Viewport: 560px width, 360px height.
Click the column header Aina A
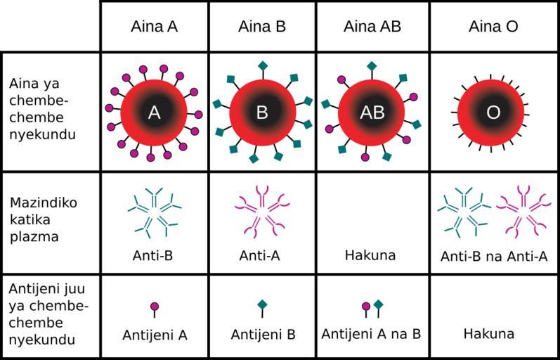pos(155,27)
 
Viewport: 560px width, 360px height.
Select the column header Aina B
pos(262,27)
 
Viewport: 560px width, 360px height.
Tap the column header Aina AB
pos(372,27)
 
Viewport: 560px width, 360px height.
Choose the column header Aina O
pos(493,27)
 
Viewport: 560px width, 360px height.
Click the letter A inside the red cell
pos(154,112)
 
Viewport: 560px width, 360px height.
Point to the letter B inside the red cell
pos(262,112)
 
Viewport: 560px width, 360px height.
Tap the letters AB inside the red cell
pos(372,112)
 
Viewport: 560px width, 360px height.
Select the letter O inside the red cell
pos(493,112)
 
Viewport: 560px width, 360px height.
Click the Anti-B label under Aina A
pos(153,256)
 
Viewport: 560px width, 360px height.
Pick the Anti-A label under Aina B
pos(260,256)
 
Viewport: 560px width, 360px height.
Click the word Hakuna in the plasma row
pos(370,255)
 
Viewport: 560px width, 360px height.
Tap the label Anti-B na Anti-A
pos(494,257)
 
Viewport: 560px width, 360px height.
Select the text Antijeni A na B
pos(371,334)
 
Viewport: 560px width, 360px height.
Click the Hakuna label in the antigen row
pos(489,334)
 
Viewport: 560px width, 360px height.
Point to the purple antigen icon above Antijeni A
pos(155,309)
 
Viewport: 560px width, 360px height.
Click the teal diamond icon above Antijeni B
pos(263,309)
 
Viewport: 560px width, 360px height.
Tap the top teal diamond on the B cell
pos(263,66)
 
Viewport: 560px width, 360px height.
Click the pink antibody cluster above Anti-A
pos(263,212)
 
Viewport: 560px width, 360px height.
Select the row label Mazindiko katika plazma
pos(44,219)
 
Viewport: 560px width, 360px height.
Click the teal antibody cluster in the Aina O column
pos(464,212)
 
